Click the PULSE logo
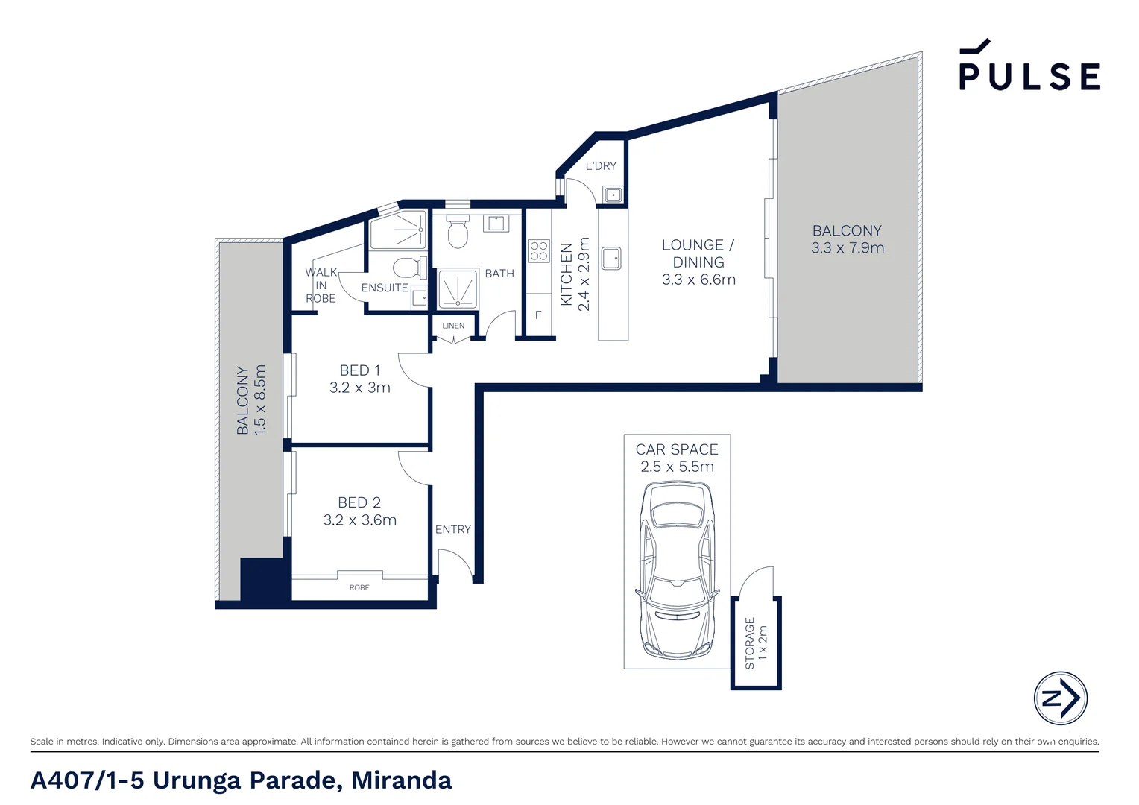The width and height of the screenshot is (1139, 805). (x=1029, y=67)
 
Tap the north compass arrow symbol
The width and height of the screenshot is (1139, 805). (x=1060, y=698)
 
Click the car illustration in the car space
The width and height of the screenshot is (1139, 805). (x=677, y=570)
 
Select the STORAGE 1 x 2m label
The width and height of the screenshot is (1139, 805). (x=756, y=643)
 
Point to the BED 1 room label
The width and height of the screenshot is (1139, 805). (x=360, y=370)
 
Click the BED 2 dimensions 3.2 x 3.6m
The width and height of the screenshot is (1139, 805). (x=360, y=520)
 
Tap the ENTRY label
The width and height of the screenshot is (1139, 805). (x=453, y=529)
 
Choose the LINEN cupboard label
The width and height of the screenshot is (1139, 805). (x=453, y=326)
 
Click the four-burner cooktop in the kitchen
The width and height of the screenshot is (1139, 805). (x=539, y=251)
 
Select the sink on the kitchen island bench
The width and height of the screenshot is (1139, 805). (x=611, y=259)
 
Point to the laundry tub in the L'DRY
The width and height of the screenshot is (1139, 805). (x=613, y=195)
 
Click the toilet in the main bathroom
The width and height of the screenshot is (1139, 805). (x=458, y=233)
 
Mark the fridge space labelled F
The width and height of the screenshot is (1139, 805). (x=538, y=315)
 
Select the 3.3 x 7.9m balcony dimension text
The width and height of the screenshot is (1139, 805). (x=848, y=248)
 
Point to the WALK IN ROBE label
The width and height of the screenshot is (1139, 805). (x=321, y=285)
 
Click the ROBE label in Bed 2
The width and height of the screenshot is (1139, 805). (x=359, y=588)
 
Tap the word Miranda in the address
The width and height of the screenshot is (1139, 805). (x=401, y=780)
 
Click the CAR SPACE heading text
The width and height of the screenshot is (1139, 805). (x=677, y=449)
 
